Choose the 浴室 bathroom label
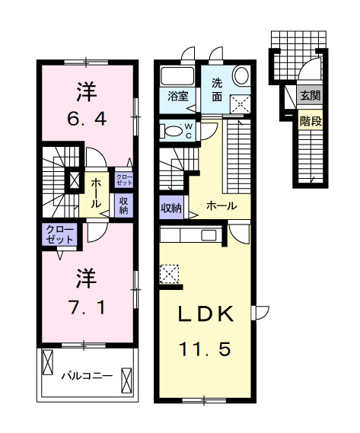pyautogui.click(x=177, y=96)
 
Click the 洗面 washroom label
pyautogui.click(x=216, y=90)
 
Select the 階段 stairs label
pyautogui.click(x=310, y=119)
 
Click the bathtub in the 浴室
pyautogui.click(x=177, y=76)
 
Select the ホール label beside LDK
pyautogui.click(x=221, y=205)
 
